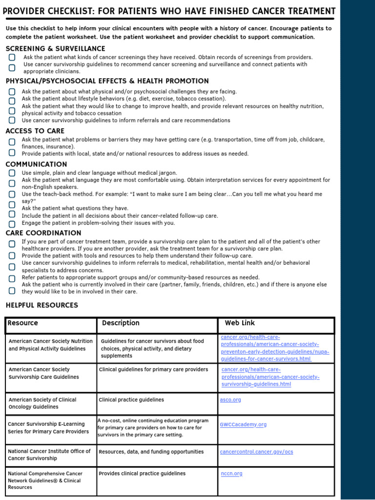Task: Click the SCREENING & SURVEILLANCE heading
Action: pos(55,49)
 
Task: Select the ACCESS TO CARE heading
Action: pos(35,131)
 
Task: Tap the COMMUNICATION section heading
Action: pos(36,164)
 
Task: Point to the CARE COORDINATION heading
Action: pos(43,233)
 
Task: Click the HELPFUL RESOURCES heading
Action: pos(42,305)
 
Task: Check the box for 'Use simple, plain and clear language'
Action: pos(12,173)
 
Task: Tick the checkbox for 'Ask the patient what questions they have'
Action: pos(12,205)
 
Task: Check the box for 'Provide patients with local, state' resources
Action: pos(12,153)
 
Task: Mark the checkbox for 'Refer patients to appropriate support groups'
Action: pos(12,278)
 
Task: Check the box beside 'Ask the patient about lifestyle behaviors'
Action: pos(12,100)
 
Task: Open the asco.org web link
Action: pos(230,400)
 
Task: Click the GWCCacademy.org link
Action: pos(243,425)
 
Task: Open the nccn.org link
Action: pos(231,474)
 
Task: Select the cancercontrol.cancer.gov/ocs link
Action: pos(256,452)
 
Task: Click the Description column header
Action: pos(121,323)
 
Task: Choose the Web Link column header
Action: pos(240,323)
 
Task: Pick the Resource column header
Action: pos(23,323)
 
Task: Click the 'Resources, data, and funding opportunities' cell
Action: pos(151,452)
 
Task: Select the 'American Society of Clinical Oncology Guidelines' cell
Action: pos(42,403)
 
